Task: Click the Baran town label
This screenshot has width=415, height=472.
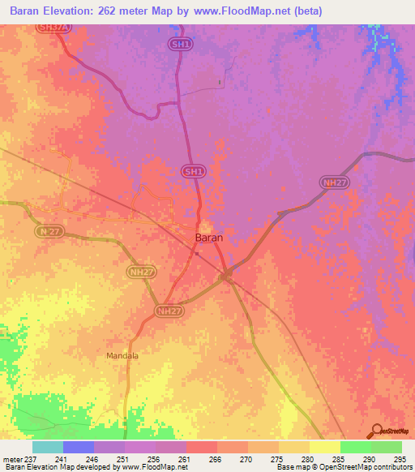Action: (x=209, y=238)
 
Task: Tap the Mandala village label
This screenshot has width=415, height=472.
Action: (x=123, y=355)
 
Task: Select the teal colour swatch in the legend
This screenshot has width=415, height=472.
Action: (x=48, y=447)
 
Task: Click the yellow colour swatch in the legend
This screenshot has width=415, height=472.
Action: (x=325, y=447)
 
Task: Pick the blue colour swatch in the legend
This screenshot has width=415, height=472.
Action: (x=79, y=447)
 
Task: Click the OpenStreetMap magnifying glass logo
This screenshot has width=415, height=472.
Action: (x=378, y=431)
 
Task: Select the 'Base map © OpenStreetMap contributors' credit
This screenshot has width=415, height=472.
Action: (x=343, y=467)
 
